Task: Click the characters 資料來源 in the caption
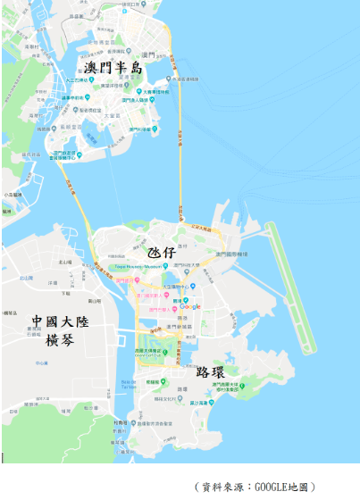coord(222,487)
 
